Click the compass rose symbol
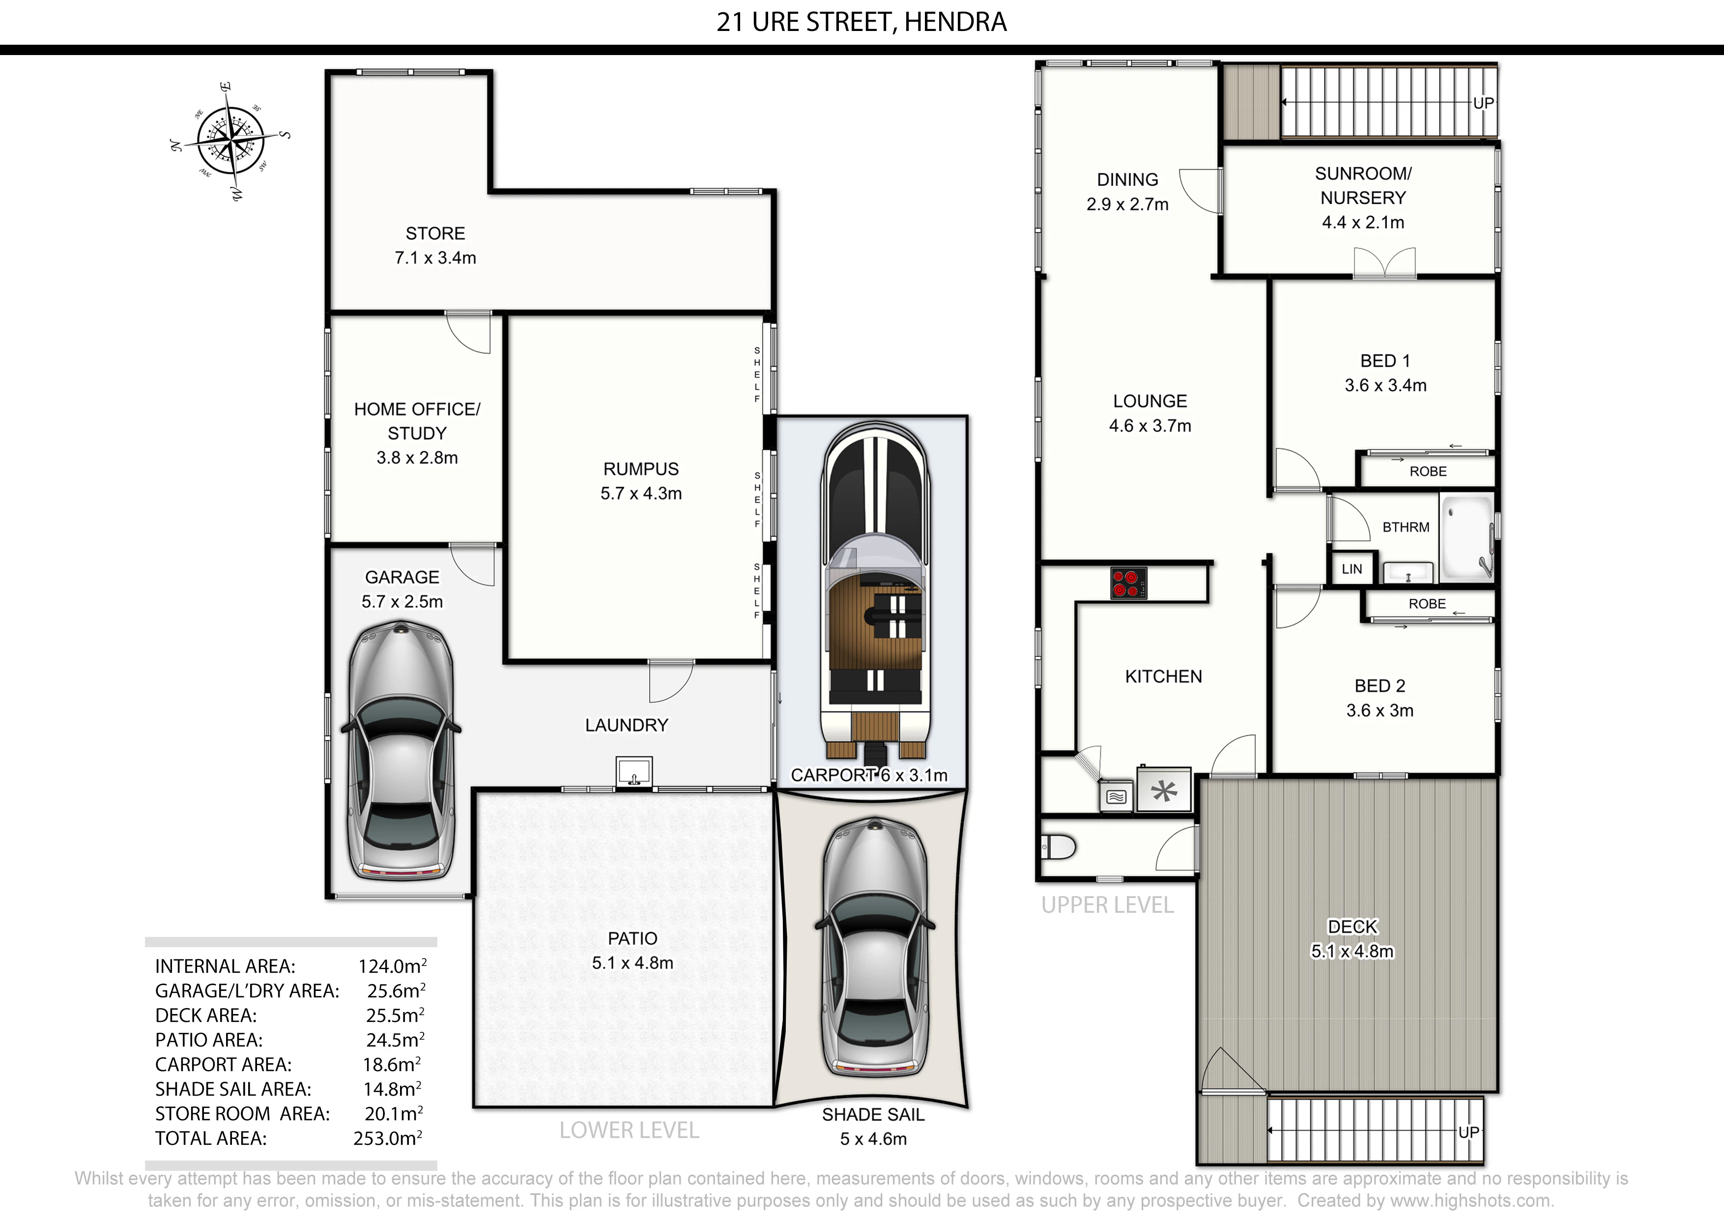tap(230, 141)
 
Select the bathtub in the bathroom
tap(1466, 538)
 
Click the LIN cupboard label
tap(1351, 569)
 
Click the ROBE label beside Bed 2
tap(1427, 604)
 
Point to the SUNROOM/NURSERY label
tap(1363, 185)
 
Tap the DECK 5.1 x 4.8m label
tap(1352, 939)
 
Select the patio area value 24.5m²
tap(395, 1040)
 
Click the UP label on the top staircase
tap(1483, 103)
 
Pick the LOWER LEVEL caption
tap(629, 1131)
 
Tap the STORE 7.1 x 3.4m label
tap(435, 246)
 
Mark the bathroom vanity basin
tap(1408, 573)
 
